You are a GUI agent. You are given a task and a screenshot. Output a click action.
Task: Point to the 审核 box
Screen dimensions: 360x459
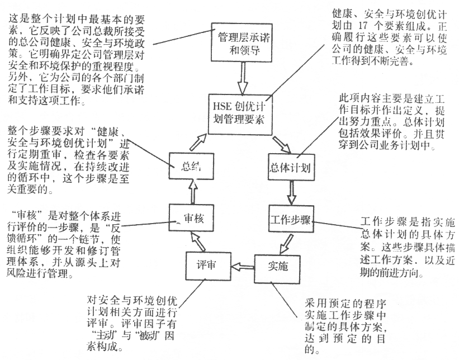pyautogui.click(x=193, y=219)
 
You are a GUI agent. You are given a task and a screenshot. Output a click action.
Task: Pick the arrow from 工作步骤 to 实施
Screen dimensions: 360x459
pyautogui.click(x=287, y=241)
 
